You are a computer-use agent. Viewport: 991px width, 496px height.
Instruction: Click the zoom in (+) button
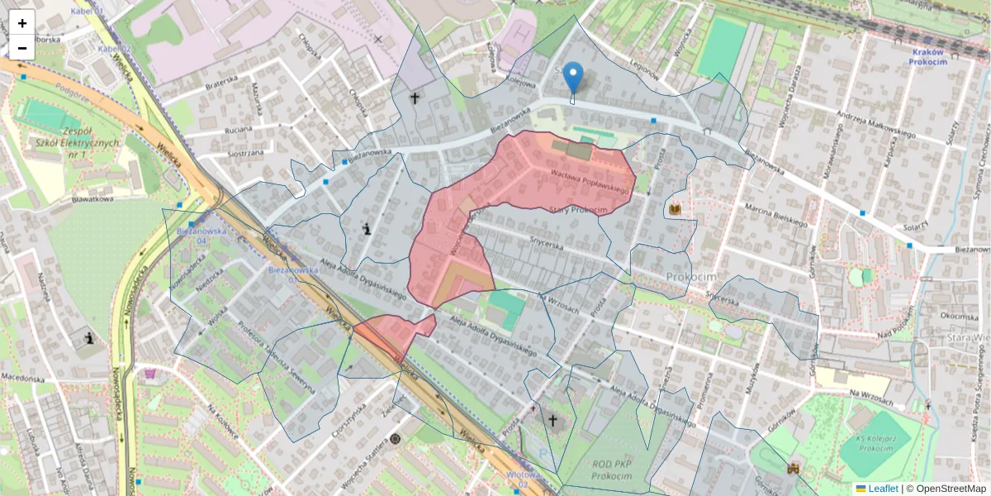(x=21, y=22)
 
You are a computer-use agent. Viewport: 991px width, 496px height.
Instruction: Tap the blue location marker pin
(x=573, y=79)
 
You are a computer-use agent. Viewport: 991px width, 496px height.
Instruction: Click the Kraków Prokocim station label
(x=932, y=56)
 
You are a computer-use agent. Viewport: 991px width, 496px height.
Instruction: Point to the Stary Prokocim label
(x=578, y=211)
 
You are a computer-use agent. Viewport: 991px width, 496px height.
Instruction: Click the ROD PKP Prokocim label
(x=612, y=470)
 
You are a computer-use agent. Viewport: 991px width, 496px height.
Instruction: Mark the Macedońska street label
(x=23, y=378)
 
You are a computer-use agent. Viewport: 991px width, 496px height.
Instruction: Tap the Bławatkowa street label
(x=91, y=198)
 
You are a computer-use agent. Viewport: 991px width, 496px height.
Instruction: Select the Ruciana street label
(x=237, y=130)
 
